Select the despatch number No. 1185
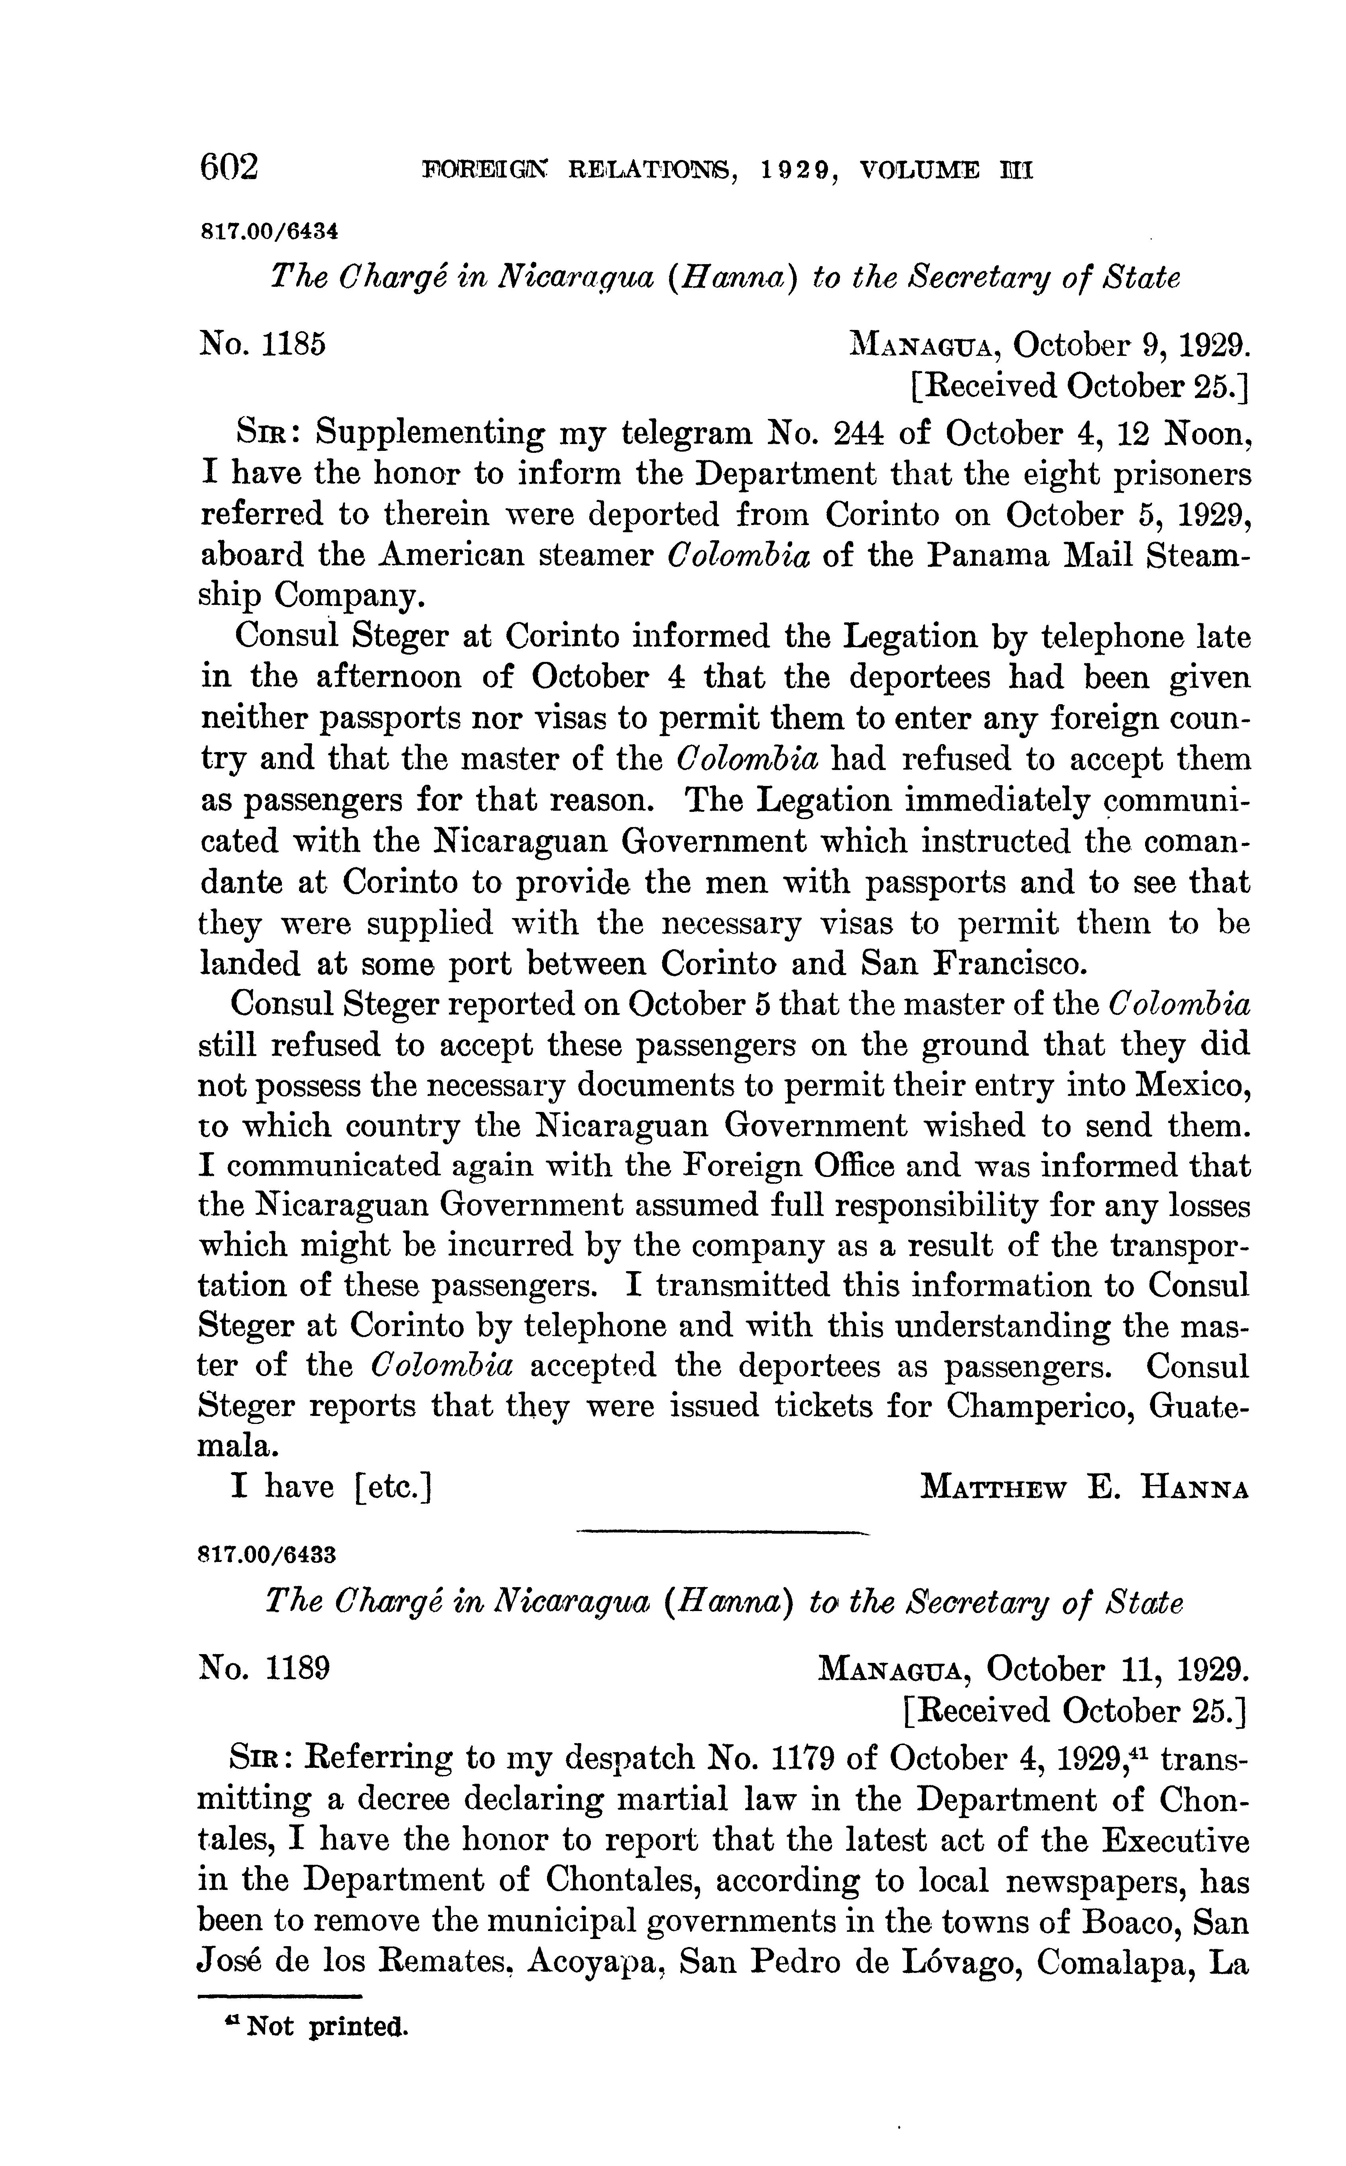263,343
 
